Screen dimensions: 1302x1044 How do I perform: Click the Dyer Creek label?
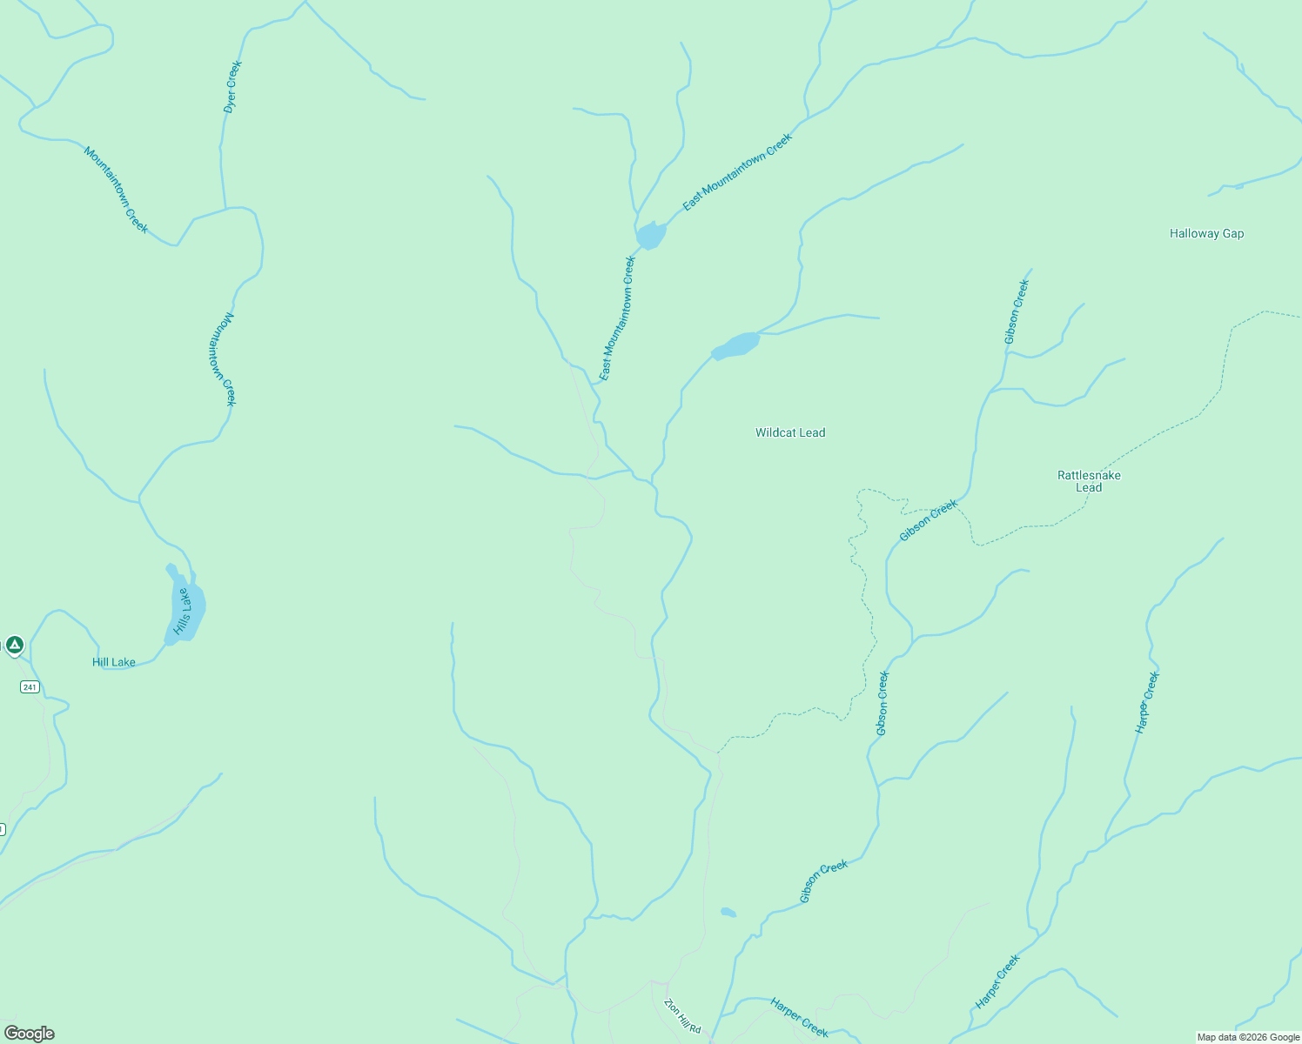(232, 87)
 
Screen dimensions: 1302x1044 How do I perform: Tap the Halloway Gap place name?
(1206, 233)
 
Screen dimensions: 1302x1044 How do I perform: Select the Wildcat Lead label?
(789, 432)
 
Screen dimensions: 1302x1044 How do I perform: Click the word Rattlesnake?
(1089, 475)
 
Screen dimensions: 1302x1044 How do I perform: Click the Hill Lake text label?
(114, 662)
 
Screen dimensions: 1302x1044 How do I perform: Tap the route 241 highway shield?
(30, 687)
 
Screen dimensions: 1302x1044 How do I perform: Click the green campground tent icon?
(14, 645)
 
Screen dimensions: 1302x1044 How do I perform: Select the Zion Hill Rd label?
(682, 1015)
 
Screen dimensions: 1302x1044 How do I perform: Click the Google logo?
(30, 1034)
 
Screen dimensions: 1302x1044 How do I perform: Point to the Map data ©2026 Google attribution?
(1248, 1037)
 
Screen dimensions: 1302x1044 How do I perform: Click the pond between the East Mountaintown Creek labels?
(650, 235)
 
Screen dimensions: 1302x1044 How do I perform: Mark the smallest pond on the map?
(728, 913)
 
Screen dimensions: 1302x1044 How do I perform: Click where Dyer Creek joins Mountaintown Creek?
(226, 209)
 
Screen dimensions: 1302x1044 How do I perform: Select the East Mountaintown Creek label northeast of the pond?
(737, 171)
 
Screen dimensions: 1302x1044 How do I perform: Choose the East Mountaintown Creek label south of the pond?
(618, 318)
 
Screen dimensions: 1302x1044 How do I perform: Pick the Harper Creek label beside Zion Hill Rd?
(799, 1017)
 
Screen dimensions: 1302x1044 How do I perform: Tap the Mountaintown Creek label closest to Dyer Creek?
(116, 190)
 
